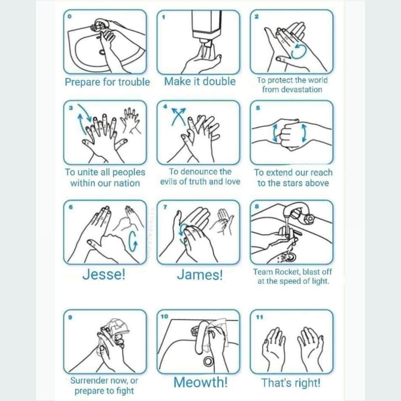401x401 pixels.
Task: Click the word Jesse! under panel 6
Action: (104, 275)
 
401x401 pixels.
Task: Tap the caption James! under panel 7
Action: (200, 275)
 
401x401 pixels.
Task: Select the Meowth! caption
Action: (200, 382)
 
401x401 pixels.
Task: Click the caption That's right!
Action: (291, 383)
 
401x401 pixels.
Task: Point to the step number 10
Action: (164, 316)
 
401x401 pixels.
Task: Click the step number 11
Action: (260, 317)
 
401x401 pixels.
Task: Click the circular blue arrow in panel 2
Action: (299, 51)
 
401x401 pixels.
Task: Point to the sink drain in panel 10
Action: (208, 361)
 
